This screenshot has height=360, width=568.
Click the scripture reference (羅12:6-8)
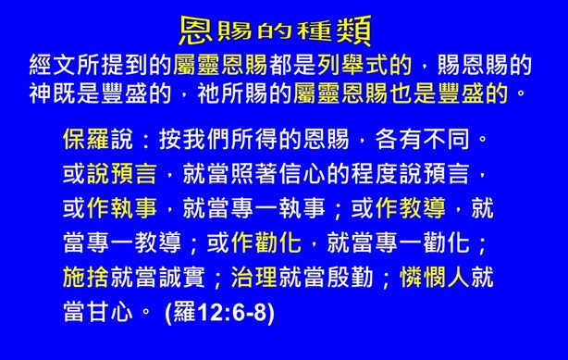[x=219, y=313]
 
